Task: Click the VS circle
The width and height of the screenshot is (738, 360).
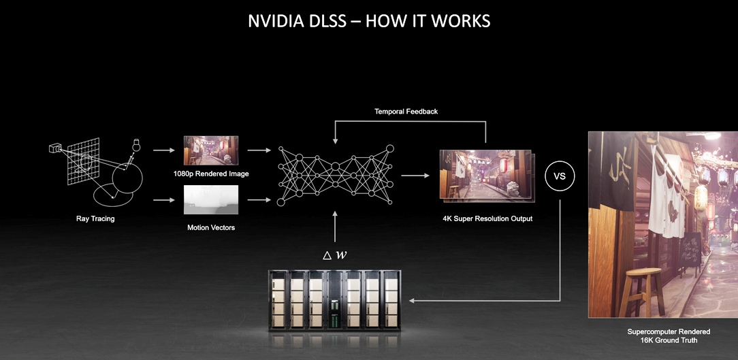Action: click(x=560, y=176)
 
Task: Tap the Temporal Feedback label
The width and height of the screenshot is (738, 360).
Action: click(x=406, y=112)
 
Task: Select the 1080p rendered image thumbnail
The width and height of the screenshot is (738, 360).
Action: click(x=211, y=150)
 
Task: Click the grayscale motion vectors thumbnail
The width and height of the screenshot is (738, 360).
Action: click(x=211, y=199)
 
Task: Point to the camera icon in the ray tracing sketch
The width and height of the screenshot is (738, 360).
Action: click(x=55, y=149)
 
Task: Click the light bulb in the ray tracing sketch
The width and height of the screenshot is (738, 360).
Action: click(x=136, y=145)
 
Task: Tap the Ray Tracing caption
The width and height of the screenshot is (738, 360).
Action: click(x=95, y=219)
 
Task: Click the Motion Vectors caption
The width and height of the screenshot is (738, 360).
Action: click(x=211, y=228)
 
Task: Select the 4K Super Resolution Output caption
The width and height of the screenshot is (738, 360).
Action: click(x=487, y=219)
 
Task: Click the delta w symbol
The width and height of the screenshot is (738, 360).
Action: click(x=335, y=255)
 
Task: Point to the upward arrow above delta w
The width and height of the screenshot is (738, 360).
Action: click(x=335, y=227)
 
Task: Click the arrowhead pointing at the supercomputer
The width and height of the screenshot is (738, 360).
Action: click(x=412, y=300)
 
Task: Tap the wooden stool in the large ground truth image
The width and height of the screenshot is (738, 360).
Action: click(x=641, y=292)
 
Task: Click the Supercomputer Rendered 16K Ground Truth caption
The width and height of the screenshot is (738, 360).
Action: click(x=669, y=336)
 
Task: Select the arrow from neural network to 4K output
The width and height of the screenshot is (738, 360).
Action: click(x=415, y=176)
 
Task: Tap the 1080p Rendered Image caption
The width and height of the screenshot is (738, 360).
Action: click(x=211, y=174)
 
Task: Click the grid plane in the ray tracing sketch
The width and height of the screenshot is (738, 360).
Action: click(x=83, y=161)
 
